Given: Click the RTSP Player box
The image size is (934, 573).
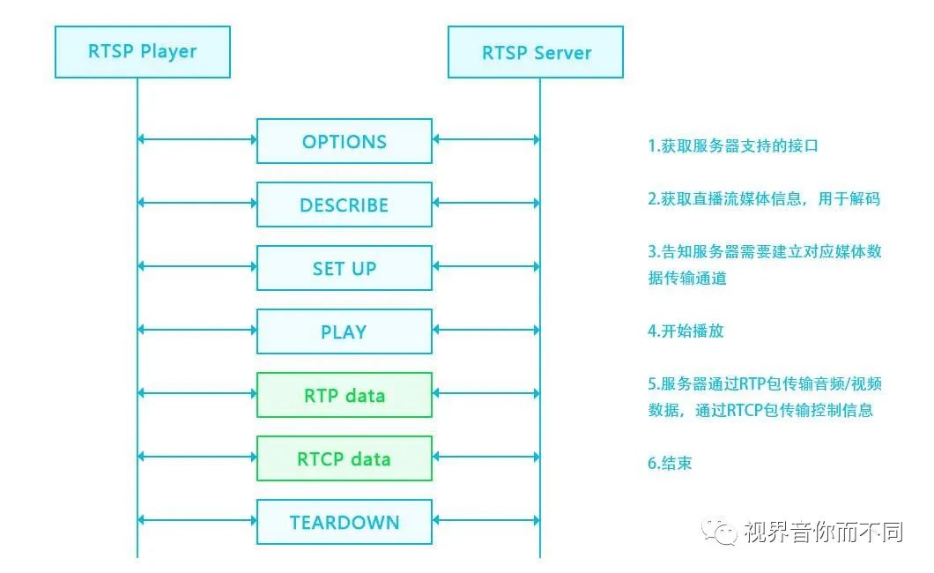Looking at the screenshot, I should [x=142, y=52].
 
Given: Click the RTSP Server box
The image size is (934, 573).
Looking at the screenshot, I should [x=535, y=52].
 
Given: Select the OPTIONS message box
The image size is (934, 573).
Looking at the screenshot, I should [x=344, y=141].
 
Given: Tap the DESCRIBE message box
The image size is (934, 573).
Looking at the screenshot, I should [x=344, y=205].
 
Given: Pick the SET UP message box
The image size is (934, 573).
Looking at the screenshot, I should [x=344, y=268].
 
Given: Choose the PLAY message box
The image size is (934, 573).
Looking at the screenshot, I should [x=344, y=331].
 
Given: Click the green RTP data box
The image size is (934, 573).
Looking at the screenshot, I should [x=344, y=395].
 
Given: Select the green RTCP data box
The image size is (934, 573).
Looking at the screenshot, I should [x=344, y=458].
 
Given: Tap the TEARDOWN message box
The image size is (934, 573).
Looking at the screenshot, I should [x=344, y=522].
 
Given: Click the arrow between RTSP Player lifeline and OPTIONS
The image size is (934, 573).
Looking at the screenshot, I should [x=197, y=139].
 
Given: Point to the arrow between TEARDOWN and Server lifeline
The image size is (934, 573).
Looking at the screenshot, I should [x=486, y=520].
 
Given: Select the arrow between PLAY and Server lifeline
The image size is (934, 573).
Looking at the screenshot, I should [x=486, y=330].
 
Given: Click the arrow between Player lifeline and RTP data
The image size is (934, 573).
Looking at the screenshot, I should [x=197, y=393].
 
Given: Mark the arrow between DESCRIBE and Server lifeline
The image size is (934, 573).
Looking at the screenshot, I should [x=486, y=203].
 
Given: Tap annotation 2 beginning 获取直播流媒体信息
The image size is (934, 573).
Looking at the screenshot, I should [x=764, y=199].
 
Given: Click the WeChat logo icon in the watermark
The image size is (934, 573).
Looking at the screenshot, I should [x=720, y=531].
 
